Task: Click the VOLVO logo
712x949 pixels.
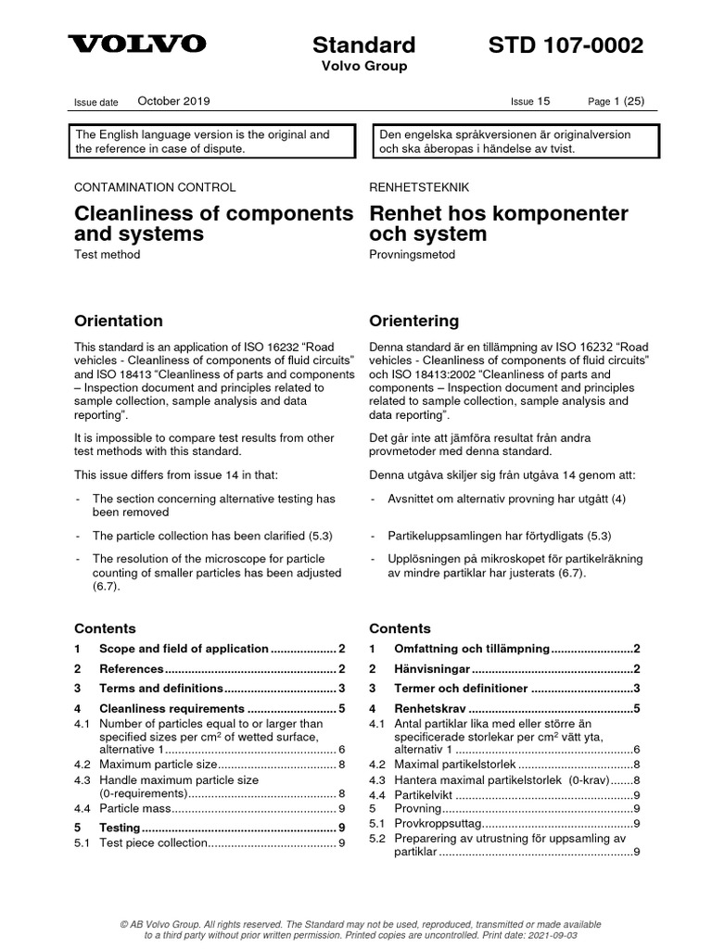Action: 138,44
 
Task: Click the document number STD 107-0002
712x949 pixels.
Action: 565,45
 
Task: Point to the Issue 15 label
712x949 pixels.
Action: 529,102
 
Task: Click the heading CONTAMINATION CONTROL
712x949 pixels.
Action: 155,187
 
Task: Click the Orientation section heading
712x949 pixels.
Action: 118,322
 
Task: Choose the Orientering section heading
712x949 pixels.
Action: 413,322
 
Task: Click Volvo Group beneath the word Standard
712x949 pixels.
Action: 363,67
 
